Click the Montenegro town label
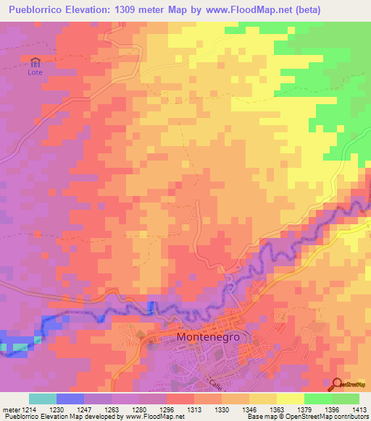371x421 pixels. [208, 338]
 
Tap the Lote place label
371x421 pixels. [35, 72]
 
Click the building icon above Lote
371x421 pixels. [35, 61]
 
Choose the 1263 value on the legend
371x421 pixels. [111, 409]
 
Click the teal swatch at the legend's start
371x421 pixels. [42, 399]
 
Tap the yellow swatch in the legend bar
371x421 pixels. [290, 399]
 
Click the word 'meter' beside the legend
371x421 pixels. [9, 409]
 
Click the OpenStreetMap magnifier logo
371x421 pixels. [338, 385]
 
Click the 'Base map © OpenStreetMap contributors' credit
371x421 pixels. [307, 417]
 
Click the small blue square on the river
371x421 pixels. [151, 307]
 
